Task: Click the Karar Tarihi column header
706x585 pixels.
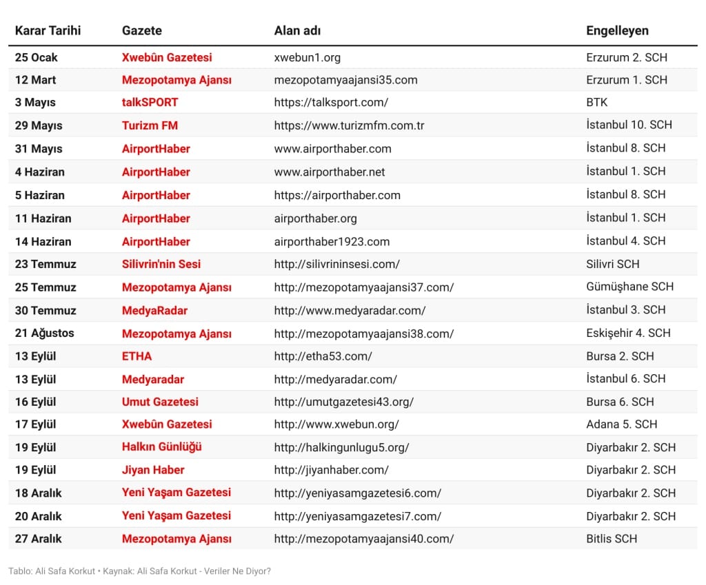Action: tap(48, 30)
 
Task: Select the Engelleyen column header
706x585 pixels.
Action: tap(617, 30)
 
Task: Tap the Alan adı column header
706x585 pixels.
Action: tap(297, 30)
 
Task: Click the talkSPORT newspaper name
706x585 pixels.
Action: tap(150, 102)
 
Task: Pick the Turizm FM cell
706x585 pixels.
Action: tap(150, 125)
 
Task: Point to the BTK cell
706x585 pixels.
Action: tap(596, 102)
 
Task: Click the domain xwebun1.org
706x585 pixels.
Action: tap(307, 57)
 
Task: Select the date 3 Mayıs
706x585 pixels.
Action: tap(35, 102)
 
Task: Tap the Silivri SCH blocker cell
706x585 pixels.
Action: tap(612, 264)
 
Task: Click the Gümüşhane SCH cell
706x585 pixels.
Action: tap(629, 287)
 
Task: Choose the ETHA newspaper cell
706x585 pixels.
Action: tap(137, 356)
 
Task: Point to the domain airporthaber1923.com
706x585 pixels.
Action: tap(332, 241)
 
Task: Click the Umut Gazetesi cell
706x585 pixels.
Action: tap(160, 402)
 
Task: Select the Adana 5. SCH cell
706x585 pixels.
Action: tap(621, 424)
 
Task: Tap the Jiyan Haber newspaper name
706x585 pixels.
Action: tap(153, 470)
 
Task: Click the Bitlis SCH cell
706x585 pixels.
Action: tap(612, 539)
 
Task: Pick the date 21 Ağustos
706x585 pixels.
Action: tap(44, 333)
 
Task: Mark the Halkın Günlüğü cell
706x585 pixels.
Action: tap(161, 447)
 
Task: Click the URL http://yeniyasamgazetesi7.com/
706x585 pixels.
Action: tap(357, 516)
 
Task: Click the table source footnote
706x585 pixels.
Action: tap(139, 571)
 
